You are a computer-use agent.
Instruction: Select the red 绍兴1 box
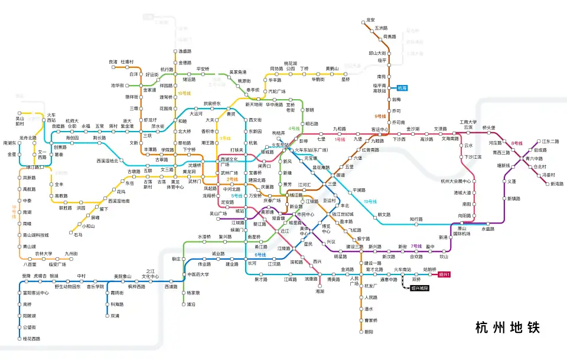(x=444, y=274)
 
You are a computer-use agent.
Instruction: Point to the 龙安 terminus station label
(x=370, y=20)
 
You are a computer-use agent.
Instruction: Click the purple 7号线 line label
(x=416, y=246)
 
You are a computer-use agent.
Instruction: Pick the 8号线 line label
(x=517, y=143)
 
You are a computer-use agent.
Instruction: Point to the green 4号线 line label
(x=294, y=128)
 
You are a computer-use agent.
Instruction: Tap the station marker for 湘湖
(x=320, y=284)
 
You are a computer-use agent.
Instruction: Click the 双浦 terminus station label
(x=115, y=316)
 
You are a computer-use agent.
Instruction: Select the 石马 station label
(x=79, y=235)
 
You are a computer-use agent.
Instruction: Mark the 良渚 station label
(x=113, y=61)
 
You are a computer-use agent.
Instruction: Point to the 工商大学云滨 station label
(x=468, y=125)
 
